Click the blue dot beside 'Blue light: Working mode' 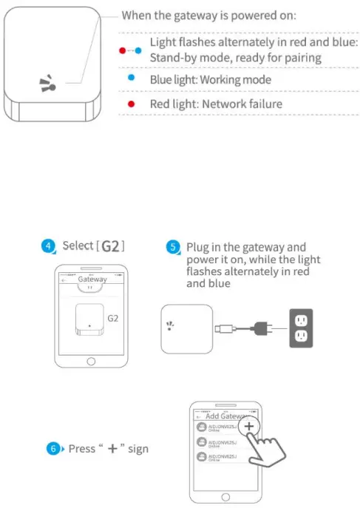pos(132,79)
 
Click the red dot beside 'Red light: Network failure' pos(132,104)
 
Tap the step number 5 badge pos(173,246)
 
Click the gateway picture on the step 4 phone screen pos(88,322)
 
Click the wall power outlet pos(299,326)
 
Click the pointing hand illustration pos(271,454)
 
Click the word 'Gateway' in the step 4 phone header pos(92,280)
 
